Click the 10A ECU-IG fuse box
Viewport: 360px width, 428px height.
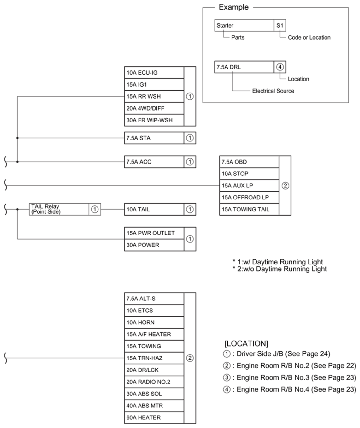coord(153,72)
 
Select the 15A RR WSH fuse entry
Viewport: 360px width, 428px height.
coord(153,96)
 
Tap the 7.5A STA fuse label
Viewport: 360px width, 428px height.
coord(153,137)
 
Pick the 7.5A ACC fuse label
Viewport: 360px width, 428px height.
coord(153,162)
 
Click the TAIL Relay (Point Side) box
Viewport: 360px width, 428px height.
coord(59,209)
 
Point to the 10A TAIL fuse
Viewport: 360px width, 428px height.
coord(153,209)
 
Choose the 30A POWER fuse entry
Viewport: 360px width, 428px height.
coord(153,245)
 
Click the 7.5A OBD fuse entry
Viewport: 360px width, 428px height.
coord(249,162)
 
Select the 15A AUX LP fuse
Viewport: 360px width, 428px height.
coord(249,185)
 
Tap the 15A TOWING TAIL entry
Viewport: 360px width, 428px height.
coord(249,209)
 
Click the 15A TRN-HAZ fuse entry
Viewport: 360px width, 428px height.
coord(153,358)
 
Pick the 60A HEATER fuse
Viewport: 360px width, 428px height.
coord(153,418)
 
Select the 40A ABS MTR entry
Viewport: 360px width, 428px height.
coord(153,406)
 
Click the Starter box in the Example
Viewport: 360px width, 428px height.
coord(244,25)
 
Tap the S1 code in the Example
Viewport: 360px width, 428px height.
coord(280,25)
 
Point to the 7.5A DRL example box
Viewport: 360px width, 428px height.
coord(244,67)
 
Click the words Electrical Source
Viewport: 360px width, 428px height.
coord(273,91)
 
